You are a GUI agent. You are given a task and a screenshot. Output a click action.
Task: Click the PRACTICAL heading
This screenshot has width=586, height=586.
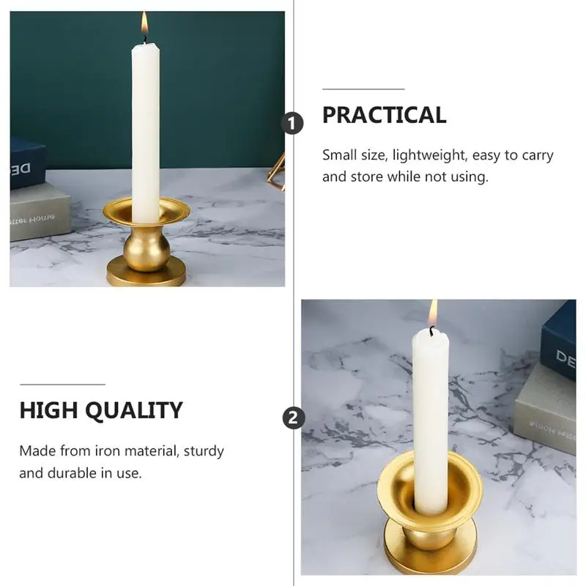pos(384,115)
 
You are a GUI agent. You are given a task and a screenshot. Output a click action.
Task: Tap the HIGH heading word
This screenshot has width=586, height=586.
pos(49,410)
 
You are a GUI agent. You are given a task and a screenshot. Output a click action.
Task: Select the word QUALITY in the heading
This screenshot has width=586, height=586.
pos(134,410)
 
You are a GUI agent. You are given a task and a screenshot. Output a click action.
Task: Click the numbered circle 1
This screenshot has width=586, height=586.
pos(293,124)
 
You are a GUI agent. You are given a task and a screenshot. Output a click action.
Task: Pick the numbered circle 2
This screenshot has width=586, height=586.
pos(293,418)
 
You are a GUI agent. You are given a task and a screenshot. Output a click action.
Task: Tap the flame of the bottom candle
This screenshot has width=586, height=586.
pos(433,313)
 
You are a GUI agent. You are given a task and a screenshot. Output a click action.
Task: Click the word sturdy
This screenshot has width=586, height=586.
pos(204,450)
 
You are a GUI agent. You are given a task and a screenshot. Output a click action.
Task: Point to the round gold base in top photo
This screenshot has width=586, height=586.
pos(146,277)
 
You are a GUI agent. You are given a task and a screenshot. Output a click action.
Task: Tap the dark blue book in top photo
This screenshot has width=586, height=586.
pos(26,163)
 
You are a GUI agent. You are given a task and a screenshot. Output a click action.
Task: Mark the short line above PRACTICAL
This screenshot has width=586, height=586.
pos(363,89)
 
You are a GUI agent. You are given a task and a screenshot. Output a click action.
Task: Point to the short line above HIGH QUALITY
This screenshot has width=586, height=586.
pos(62,384)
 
